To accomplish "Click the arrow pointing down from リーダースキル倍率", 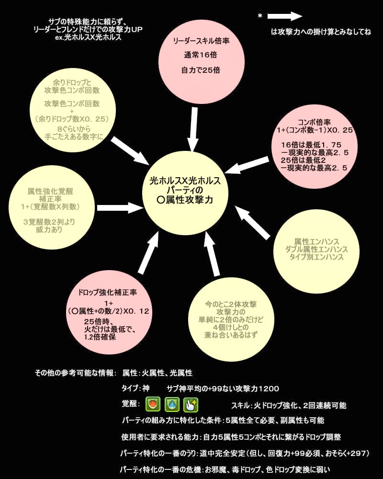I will (x=192, y=128).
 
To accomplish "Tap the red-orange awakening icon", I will (x=153, y=404).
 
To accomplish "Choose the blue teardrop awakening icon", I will (x=171, y=404).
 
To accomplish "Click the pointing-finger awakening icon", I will (x=191, y=404).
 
